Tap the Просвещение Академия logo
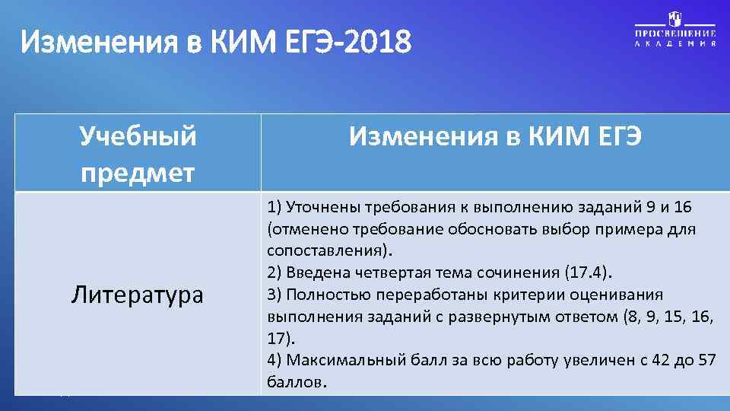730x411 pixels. coord(675,30)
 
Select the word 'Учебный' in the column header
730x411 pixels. coord(138,138)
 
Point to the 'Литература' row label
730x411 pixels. coord(138,295)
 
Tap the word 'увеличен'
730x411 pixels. coord(592,360)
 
